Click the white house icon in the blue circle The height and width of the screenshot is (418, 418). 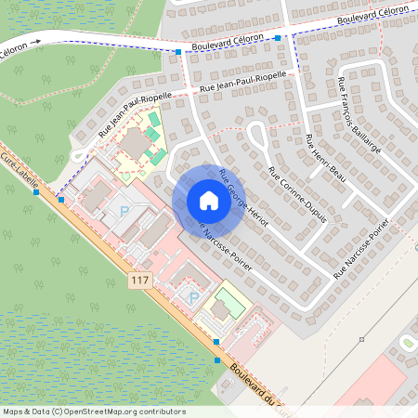point(209,200)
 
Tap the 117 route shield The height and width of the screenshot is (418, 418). point(139,280)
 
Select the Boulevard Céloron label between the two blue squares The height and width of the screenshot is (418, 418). point(228,44)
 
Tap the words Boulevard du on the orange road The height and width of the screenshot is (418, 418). point(256,388)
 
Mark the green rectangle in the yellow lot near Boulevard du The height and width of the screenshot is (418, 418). point(222,306)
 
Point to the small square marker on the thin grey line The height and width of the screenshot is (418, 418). point(361,339)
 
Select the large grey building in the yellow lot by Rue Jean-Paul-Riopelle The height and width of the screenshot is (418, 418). point(137,145)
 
